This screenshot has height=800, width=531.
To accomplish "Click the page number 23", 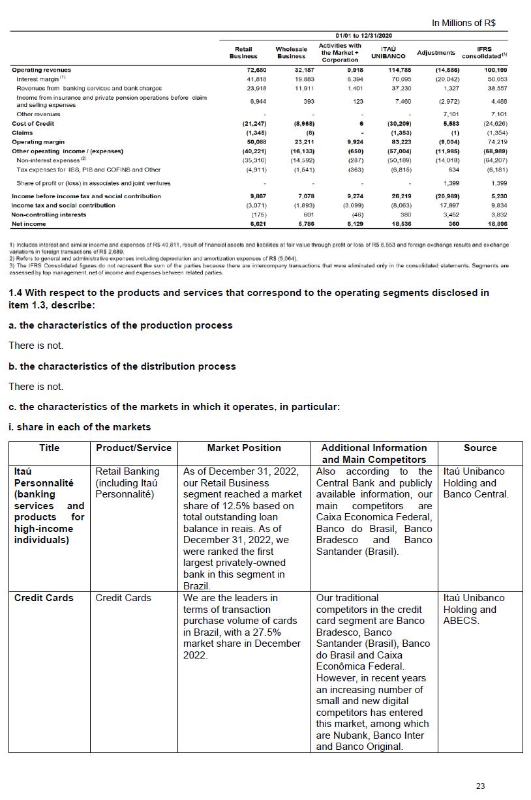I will (480, 786).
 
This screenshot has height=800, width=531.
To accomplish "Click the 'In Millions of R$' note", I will (463, 23).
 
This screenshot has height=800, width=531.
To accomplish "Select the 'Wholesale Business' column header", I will (291, 52).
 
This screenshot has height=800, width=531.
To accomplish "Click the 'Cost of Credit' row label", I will (33, 123).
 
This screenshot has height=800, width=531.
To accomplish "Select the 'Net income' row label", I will (29, 224).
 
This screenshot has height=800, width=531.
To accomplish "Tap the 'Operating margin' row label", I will (38, 141).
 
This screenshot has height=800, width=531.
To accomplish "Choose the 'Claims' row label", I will (22, 132).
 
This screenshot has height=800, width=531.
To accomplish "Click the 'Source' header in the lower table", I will (480, 448).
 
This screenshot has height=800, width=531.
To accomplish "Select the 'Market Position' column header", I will (244, 448).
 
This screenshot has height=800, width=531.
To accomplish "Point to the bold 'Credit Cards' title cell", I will (44, 598).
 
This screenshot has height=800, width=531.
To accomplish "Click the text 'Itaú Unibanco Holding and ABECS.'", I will (474, 609).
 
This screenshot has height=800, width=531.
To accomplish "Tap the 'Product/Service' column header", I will (134, 448).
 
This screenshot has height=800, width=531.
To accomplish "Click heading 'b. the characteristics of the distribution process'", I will (122, 366).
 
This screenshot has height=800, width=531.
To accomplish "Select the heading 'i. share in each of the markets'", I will (80, 427).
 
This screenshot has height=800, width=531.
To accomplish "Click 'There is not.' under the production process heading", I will (36, 346).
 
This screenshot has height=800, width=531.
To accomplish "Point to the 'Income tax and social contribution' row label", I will (63, 205).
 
